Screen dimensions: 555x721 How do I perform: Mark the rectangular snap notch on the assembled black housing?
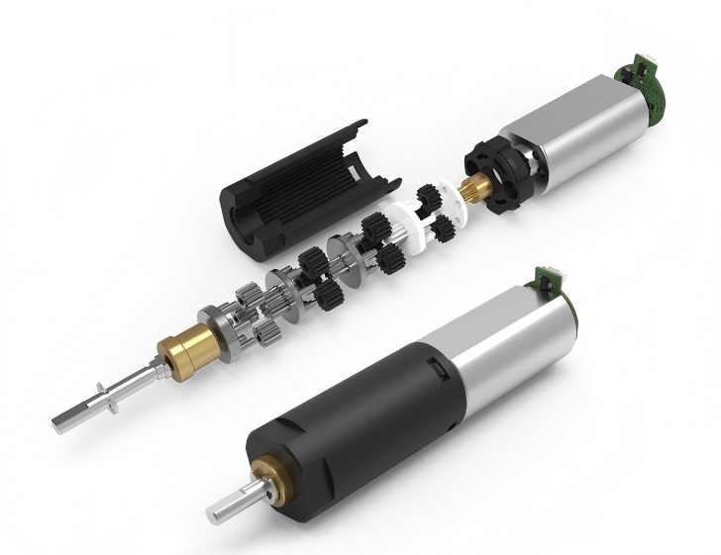pyautogui.click(x=433, y=370)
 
